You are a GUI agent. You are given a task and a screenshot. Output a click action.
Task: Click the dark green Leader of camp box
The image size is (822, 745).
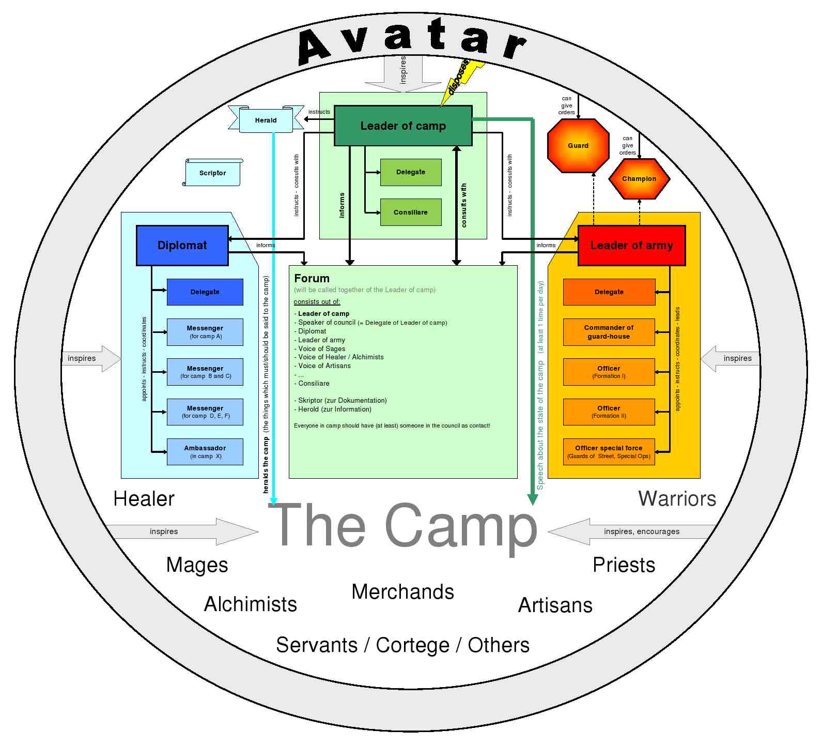click(403, 126)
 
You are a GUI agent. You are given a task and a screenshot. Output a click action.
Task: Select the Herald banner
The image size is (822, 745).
click(266, 120)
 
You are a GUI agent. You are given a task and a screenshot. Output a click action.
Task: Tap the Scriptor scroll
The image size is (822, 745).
click(212, 173)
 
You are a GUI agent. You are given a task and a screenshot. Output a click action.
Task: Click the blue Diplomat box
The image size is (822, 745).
click(182, 245)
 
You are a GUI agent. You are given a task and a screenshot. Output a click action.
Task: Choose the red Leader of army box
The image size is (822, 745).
click(631, 245)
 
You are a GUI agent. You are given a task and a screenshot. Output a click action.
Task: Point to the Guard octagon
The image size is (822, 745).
click(578, 146)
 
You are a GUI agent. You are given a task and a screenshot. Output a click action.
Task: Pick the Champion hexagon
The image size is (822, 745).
click(639, 179)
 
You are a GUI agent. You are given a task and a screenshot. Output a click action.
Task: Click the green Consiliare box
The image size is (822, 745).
click(411, 212)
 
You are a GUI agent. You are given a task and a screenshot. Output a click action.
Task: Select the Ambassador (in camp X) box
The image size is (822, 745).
click(205, 451)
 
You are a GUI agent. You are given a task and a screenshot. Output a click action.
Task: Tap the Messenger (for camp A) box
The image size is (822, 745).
click(205, 331)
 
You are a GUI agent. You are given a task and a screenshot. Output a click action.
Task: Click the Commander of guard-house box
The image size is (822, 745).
click(609, 331)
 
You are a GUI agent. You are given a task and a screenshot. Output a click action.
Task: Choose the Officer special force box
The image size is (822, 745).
click(609, 451)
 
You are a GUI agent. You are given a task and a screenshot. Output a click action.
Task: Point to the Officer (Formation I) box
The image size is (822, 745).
click(609, 371)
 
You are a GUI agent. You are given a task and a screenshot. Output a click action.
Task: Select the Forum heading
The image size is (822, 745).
click(312, 278)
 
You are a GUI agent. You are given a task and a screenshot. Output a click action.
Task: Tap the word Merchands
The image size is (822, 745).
click(402, 592)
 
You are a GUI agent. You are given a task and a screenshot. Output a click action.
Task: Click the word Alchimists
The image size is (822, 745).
click(251, 604)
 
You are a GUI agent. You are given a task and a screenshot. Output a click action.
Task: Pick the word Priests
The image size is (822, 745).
click(624, 565)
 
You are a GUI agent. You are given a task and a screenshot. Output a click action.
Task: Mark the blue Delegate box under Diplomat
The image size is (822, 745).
click(205, 292)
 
